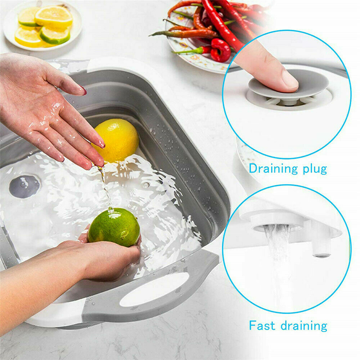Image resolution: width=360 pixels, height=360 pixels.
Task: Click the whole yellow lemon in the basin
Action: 116,140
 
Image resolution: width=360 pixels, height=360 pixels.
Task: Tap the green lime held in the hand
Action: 114,227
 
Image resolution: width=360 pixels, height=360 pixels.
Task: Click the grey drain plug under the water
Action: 24,186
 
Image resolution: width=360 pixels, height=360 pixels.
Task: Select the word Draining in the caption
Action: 273,169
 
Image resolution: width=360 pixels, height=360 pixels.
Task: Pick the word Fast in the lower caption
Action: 262,325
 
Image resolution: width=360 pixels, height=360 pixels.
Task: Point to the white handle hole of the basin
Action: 154,289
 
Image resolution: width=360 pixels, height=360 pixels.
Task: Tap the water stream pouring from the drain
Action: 278,264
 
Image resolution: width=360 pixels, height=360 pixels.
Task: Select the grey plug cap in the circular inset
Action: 288,84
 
